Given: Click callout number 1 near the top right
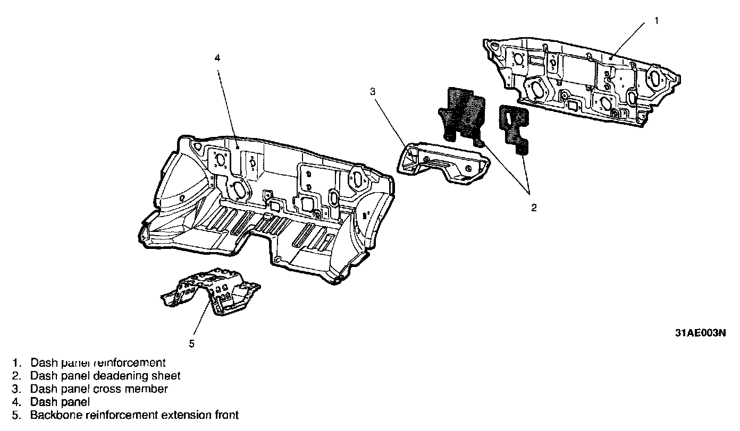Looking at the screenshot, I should (x=656, y=21).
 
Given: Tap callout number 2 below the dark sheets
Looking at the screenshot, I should (x=534, y=208).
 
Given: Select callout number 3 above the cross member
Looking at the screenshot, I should (x=373, y=91).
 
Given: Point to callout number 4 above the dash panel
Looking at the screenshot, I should (x=217, y=58).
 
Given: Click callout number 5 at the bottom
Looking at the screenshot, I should (x=192, y=343).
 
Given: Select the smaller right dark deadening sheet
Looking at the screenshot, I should (x=514, y=127).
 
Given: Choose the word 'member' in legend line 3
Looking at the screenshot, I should (x=149, y=389).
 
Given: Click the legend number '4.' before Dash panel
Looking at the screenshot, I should (x=17, y=402).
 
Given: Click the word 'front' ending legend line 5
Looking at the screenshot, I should (x=224, y=415).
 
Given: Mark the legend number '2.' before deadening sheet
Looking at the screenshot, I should (x=17, y=376).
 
